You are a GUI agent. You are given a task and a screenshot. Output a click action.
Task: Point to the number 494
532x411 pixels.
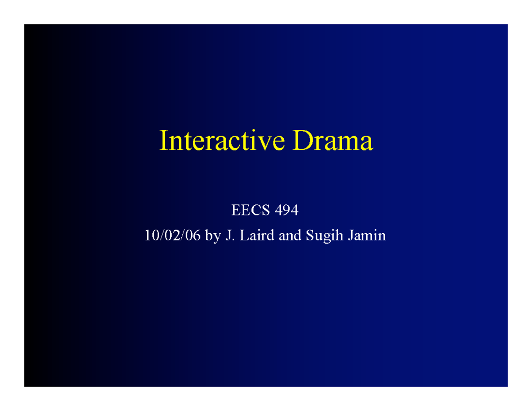click(x=287, y=211)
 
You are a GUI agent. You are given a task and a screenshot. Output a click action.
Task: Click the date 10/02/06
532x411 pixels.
click(x=173, y=236)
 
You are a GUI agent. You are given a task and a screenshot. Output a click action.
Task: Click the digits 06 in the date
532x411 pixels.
click(x=195, y=236)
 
